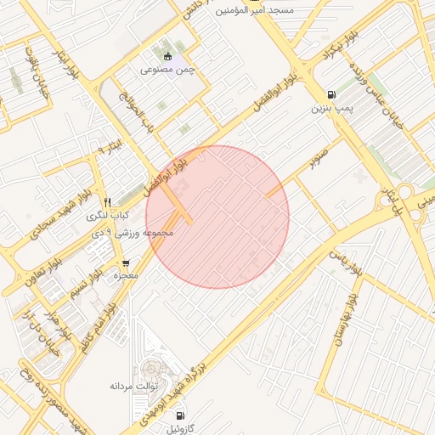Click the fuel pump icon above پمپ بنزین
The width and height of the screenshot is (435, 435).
point(330,94)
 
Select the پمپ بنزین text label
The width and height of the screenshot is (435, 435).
point(330,108)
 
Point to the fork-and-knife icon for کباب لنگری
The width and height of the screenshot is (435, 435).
point(107,202)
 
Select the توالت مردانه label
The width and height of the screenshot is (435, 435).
point(130,387)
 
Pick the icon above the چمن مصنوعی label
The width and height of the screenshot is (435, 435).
point(168,56)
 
